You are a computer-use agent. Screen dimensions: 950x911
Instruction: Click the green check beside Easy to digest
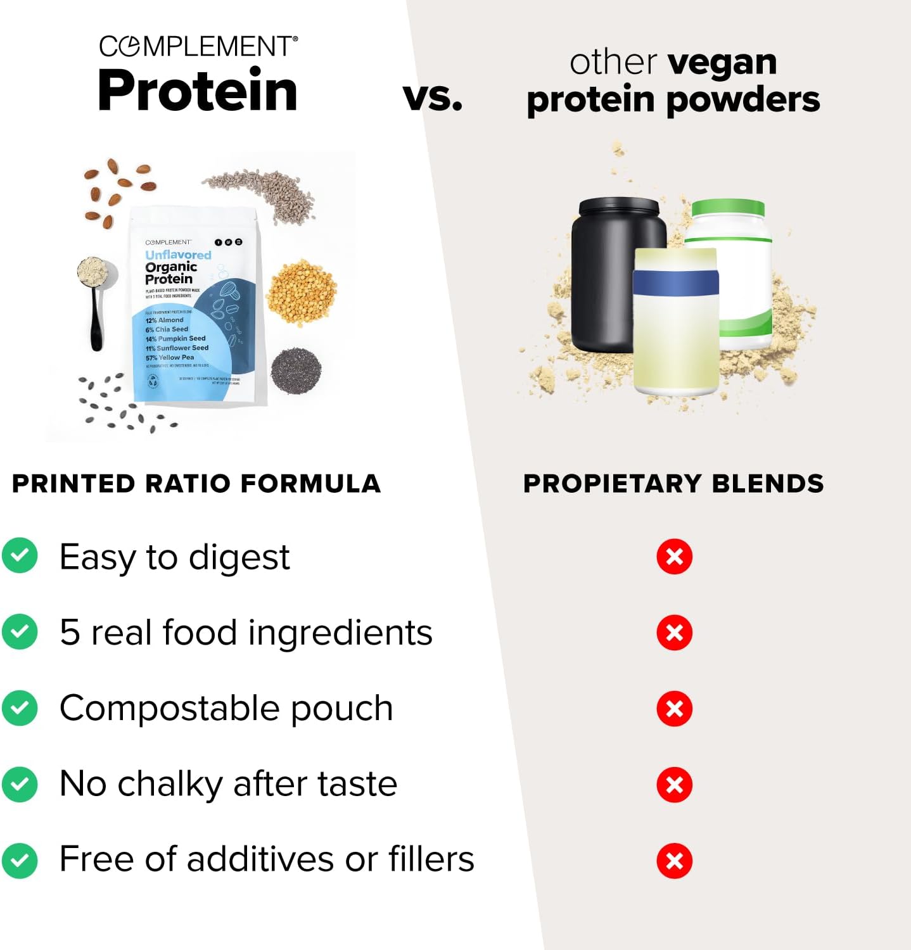pos(20,555)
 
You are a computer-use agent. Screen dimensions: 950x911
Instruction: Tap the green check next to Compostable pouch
pos(20,707)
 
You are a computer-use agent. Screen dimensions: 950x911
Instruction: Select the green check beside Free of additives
pos(20,859)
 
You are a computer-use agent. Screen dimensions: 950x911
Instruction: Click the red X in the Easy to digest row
pos(674,557)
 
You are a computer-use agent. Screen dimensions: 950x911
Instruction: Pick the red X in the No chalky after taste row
pos(674,785)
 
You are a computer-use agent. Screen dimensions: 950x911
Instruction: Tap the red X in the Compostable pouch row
pos(674,709)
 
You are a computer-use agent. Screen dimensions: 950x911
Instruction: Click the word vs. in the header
pos(433,98)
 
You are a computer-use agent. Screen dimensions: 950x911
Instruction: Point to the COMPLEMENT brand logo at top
pos(198,46)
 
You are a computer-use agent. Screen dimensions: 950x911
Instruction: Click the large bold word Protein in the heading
pos(198,91)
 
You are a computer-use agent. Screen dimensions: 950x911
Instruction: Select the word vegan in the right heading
pos(722,63)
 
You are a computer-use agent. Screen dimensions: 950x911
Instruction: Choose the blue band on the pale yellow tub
pos(675,282)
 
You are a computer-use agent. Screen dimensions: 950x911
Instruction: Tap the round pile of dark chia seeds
pos(296,370)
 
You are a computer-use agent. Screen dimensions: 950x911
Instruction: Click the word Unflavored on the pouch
pos(178,255)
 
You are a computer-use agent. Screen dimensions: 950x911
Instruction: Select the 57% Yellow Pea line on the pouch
pos(170,357)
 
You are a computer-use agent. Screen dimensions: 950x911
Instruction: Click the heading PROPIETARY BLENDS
pos(673,483)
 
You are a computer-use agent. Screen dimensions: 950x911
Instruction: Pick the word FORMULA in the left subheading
pos(310,483)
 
